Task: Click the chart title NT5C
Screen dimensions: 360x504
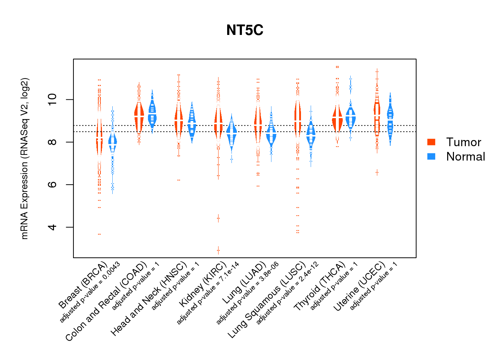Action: tap(245, 30)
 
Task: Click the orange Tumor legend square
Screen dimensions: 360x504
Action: tap(431, 142)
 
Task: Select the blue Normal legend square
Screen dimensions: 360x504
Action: tap(431, 157)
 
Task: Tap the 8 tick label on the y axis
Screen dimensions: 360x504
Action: tap(53, 142)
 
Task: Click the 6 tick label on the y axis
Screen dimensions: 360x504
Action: tap(53, 184)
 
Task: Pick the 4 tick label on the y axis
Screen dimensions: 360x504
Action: tap(53, 227)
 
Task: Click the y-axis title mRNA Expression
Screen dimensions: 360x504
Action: tap(24, 158)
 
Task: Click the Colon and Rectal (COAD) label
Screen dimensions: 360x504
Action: tap(107, 301)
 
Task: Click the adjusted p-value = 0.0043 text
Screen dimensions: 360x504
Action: tap(90, 292)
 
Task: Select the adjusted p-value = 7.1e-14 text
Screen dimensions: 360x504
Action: tap(208, 293)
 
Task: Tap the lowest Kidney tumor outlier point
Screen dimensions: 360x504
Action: tap(218, 250)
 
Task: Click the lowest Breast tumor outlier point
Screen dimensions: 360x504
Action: tap(99, 234)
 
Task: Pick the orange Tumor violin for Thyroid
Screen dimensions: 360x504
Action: tap(337, 119)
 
